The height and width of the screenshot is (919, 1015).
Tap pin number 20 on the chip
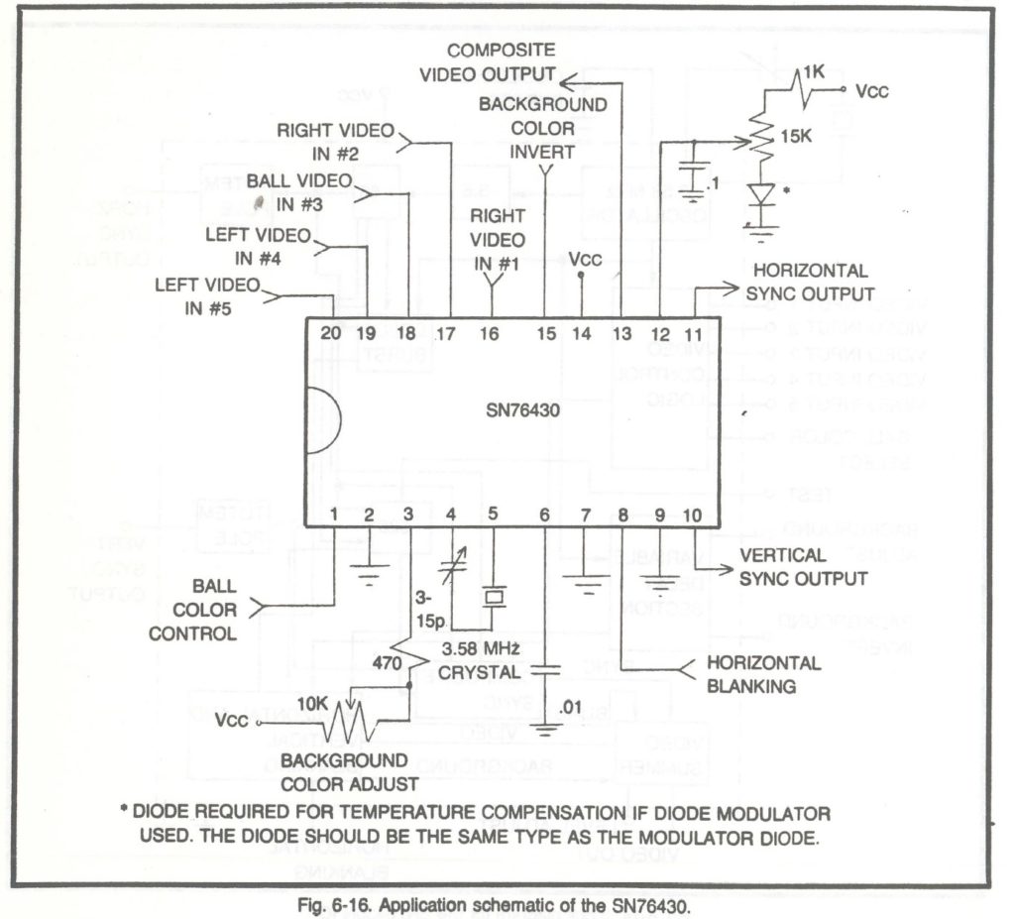[331, 333]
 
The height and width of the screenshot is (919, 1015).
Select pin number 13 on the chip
[620, 333]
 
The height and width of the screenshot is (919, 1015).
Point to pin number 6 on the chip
[543, 514]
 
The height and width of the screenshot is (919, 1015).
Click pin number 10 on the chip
[692, 514]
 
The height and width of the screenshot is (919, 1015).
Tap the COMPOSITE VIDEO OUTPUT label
[487, 61]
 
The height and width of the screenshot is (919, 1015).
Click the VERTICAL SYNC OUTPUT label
[803, 567]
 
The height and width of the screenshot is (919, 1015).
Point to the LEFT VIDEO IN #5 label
[207, 295]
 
